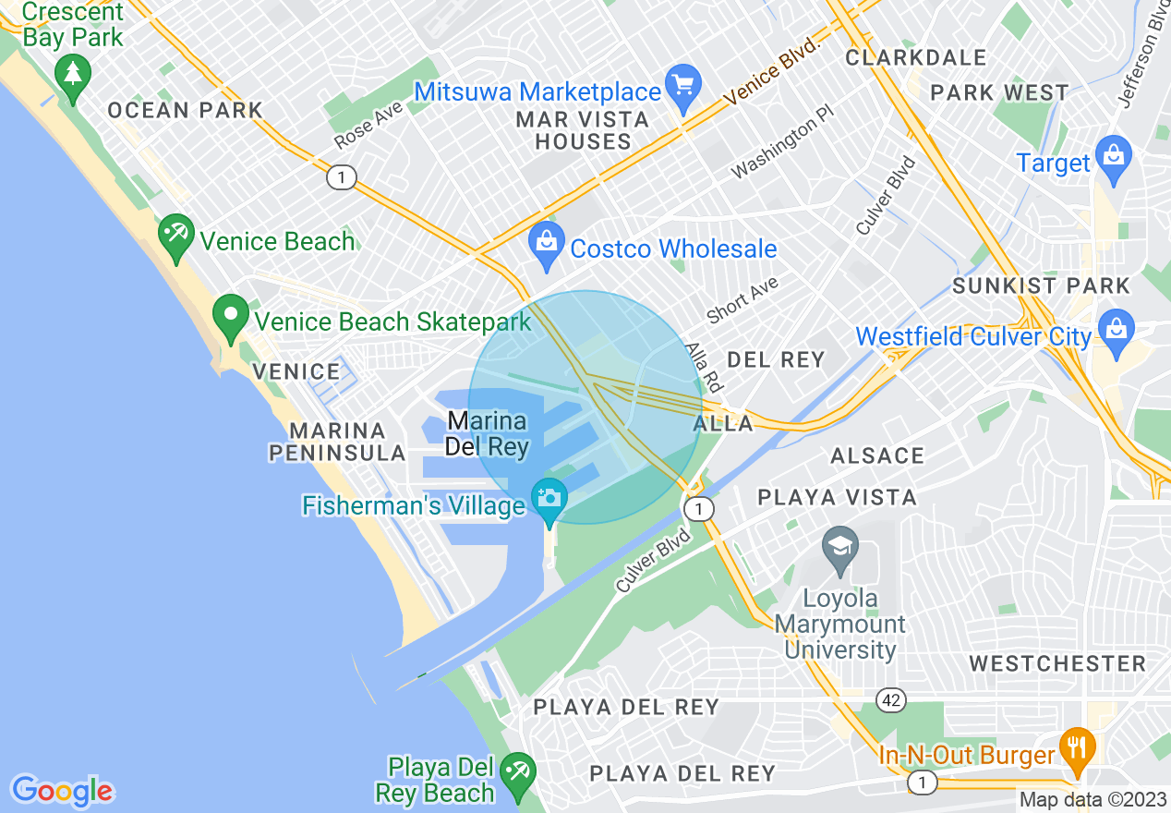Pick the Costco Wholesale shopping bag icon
(547, 243)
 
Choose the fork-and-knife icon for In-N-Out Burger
(1076, 745)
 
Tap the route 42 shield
(891, 700)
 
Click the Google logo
(63, 791)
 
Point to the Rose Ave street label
(368, 124)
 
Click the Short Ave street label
(742, 299)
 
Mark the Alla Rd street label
(703, 367)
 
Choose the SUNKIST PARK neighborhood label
(1041, 285)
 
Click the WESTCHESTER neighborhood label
(1057, 663)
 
